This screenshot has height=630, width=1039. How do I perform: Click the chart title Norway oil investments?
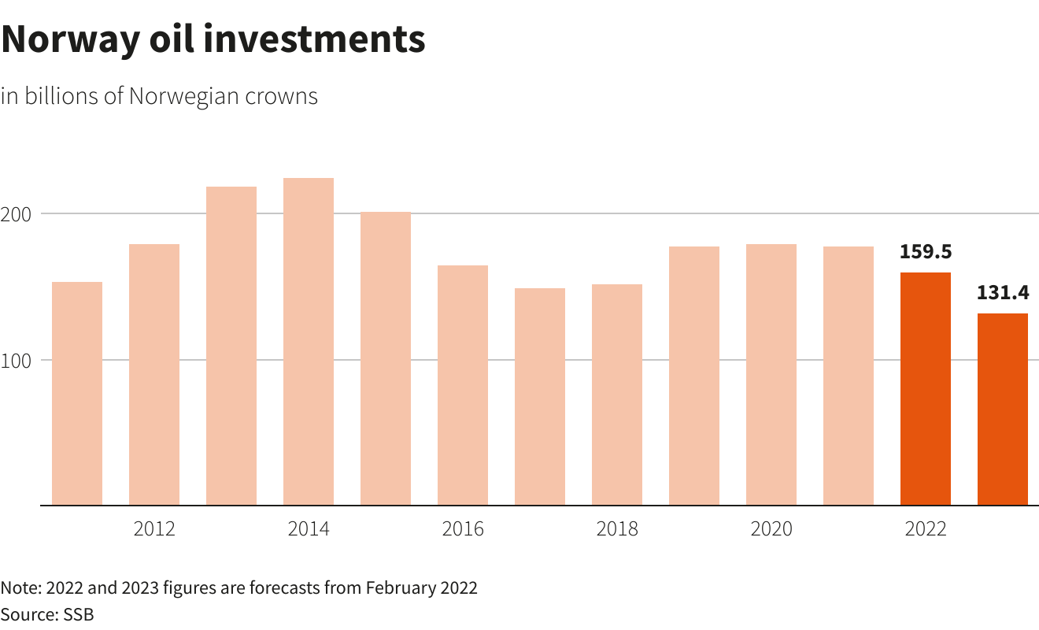[213, 39]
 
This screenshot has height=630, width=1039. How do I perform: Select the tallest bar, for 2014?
[309, 342]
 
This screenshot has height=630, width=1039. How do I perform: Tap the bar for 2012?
[154, 375]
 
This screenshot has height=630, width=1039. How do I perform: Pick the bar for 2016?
[463, 385]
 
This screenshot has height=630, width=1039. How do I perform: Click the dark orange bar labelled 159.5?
[926, 389]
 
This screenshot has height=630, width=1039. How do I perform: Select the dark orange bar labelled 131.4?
[1003, 409]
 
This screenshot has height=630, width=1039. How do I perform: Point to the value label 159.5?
[926, 252]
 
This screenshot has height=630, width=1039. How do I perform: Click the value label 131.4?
[1003, 293]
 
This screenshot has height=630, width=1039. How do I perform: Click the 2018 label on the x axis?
[617, 528]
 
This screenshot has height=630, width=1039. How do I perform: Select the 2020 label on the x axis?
[771, 528]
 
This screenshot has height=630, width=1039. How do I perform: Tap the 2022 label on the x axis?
[926, 528]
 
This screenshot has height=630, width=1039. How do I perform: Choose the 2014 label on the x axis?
[309, 528]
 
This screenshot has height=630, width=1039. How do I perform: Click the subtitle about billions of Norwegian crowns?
[159, 96]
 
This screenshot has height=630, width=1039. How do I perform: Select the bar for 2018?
[617, 395]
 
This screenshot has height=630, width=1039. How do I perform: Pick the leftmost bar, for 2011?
[77, 394]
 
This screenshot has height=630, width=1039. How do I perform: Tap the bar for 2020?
[771, 375]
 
